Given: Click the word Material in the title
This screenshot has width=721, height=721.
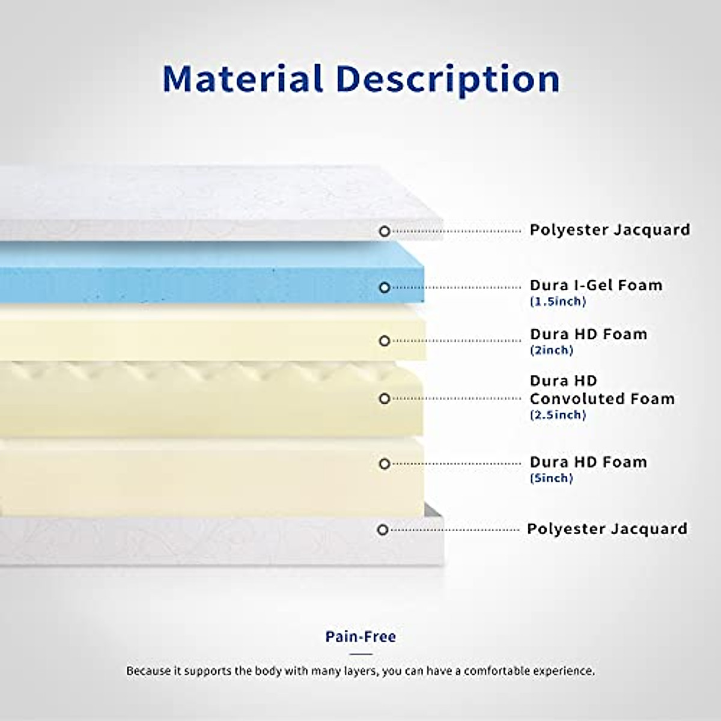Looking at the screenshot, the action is point(243,79).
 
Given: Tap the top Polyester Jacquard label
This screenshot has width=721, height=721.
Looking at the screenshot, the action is point(610,230).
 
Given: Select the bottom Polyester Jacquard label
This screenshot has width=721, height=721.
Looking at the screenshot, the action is point(607,529).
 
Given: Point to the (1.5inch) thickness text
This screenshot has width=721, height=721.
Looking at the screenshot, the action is point(558,301).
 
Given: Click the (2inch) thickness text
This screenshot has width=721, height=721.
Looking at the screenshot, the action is point(552,350).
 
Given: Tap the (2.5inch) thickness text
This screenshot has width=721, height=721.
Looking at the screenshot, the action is point(558,415).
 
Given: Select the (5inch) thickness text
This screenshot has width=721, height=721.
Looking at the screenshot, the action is point(552,478).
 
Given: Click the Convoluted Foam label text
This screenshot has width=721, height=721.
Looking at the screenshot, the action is point(603,399).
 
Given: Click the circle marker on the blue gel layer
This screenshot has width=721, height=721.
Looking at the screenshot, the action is point(385,288).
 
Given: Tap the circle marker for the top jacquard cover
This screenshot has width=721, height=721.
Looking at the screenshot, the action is point(385,231).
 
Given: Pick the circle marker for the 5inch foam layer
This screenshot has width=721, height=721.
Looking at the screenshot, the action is point(385,464).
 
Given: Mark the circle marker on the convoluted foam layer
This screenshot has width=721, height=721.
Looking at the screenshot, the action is point(385,399).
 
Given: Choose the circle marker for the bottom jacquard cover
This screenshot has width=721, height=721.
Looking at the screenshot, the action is point(382,530).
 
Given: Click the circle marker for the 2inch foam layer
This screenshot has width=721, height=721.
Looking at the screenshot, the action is point(385,341).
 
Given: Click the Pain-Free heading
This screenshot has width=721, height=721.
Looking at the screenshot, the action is point(360,636).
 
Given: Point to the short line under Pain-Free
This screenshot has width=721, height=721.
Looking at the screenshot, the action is point(360,654).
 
